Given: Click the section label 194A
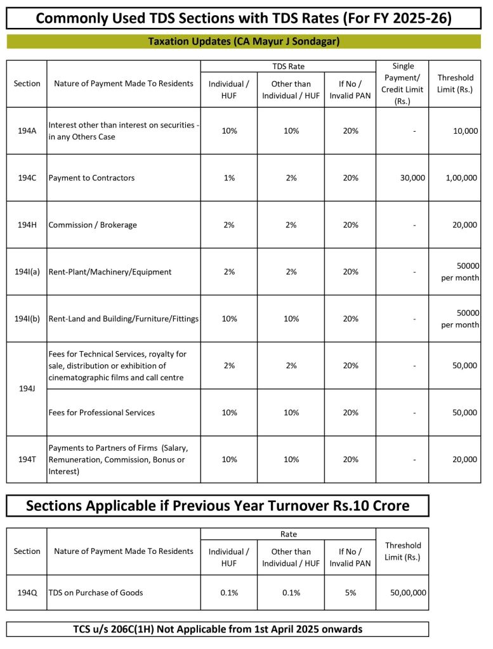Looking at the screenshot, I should [x=27, y=131].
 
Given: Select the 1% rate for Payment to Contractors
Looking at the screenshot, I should [x=228, y=178].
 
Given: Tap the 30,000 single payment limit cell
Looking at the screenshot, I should [x=412, y=178].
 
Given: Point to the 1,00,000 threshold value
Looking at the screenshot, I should [x=461, y=178].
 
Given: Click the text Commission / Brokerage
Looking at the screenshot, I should [x=93, y=225].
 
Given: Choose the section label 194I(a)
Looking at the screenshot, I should [x=27, y=272].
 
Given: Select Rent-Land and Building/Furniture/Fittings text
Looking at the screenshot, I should [x=124, y=319].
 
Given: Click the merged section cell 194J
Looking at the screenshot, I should [x=27, y=389].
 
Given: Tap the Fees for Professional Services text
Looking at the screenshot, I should [x=102, y=413].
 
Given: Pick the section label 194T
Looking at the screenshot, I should [x=27, y=459].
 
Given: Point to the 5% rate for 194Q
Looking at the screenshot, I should [x=350, y=593].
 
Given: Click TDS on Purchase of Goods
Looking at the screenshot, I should [x=96, y=593].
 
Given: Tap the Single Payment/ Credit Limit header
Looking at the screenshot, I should [x=402, y=84].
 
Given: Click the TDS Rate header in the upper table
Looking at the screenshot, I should [x=288, y=66].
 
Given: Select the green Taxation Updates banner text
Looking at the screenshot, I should [x=244, y=42].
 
